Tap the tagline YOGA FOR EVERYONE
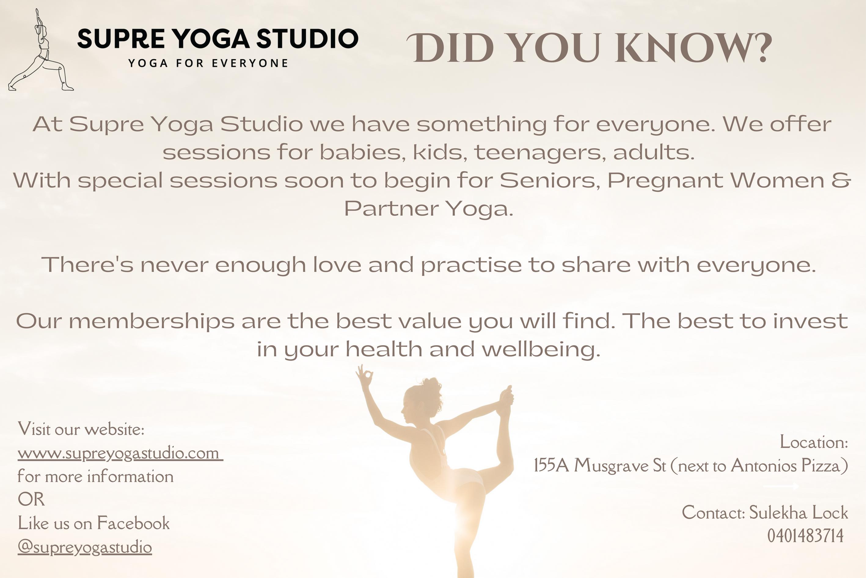208,63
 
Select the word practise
471,265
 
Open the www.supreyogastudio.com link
120,453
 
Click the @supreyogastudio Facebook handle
85,547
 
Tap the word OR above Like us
31,499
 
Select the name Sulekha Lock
798,512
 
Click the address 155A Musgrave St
600,465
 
